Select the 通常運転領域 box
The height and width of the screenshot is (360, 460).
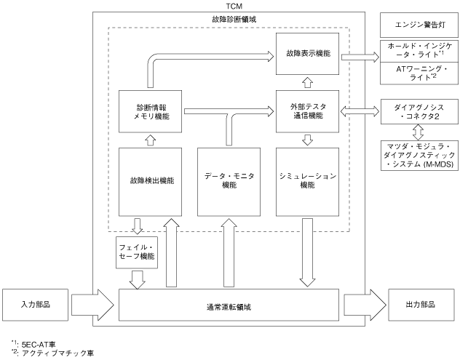(x=229, y=303)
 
